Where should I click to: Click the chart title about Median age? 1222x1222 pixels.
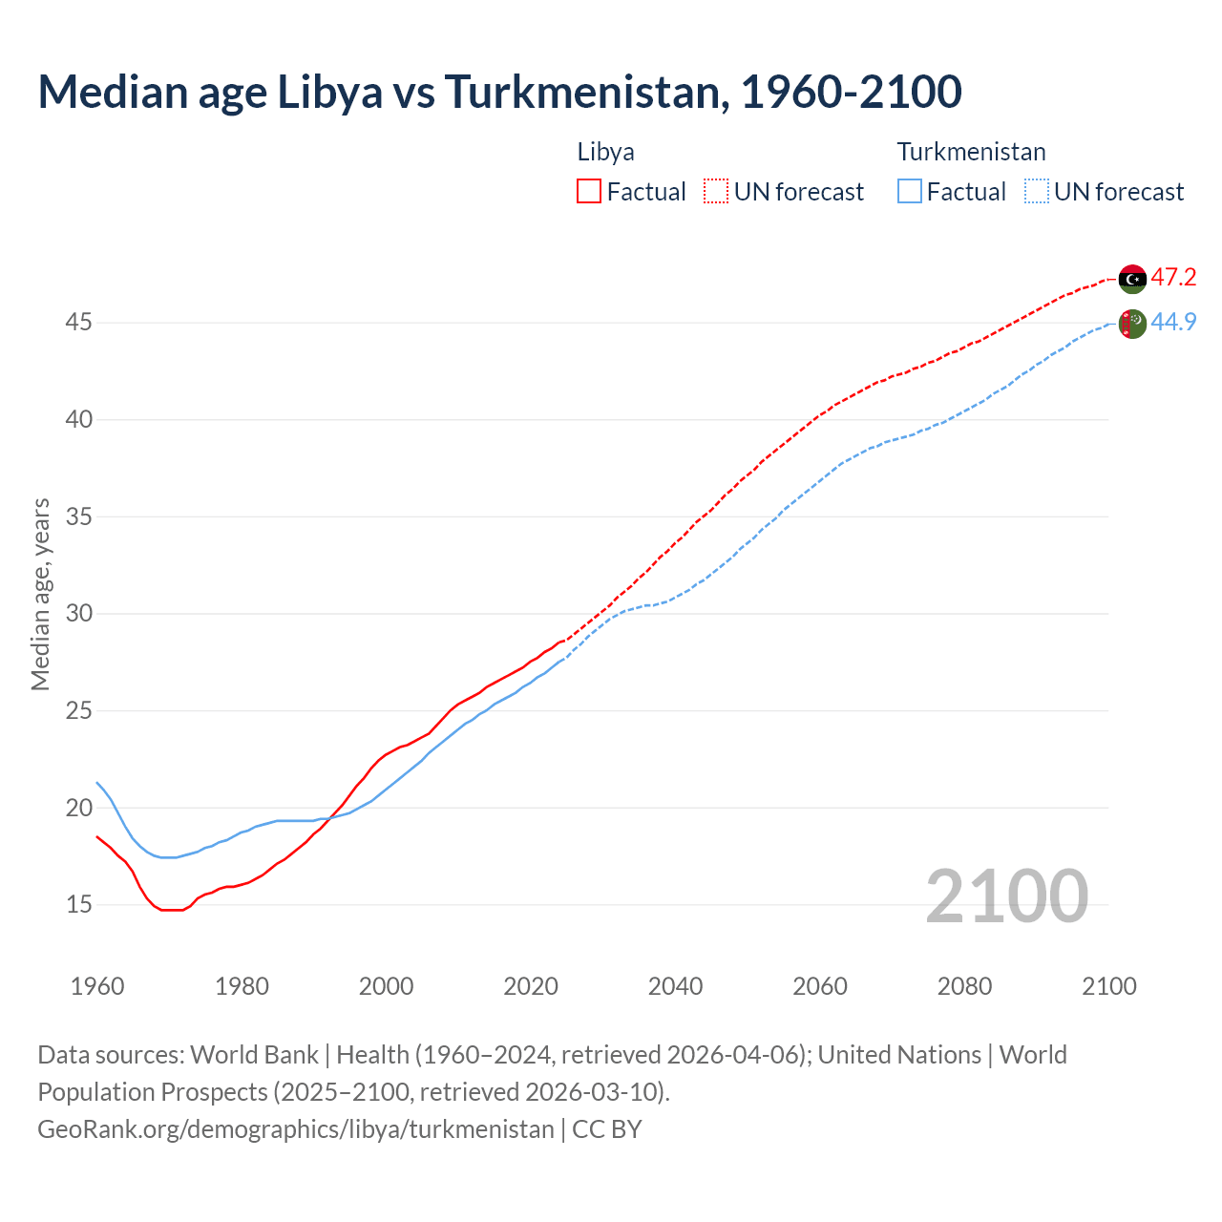point(499,92)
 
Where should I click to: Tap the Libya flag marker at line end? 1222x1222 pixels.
point(1132,279)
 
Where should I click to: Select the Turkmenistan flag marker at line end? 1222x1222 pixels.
point(1132,324)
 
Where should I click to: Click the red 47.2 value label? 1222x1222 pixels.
point(1173,278)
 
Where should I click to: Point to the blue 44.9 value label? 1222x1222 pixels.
point(1173,323)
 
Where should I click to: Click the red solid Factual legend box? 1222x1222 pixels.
point(589,192)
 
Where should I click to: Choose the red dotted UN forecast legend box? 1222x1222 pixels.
point(716,192)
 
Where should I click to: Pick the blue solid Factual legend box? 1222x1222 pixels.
point(910,192)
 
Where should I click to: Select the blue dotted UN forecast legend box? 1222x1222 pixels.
point(1037,192)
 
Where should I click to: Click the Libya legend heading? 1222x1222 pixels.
point(605,152)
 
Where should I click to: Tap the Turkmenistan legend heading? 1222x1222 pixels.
point(971,152)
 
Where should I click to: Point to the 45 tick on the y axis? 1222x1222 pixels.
point(78,323)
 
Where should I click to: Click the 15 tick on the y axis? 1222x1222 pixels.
point(78,904)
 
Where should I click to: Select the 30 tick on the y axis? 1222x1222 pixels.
point(78,613)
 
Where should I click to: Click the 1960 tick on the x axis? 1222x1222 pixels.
point(97,986)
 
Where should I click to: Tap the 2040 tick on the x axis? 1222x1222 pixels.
point(675,986)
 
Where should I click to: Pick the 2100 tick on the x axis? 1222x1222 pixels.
point(1108,986)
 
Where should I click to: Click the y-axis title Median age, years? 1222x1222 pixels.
point(40,594)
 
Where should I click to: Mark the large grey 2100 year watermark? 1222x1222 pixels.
point(1006,895)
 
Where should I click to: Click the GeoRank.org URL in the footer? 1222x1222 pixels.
point(295,1129)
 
